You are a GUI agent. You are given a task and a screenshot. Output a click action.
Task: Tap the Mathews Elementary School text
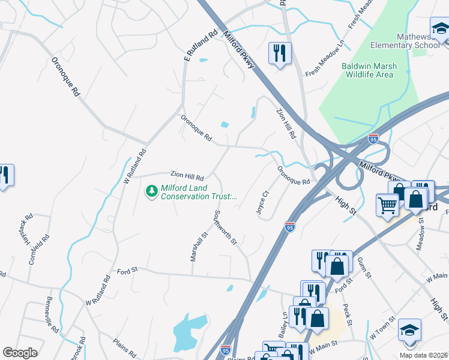[x=405, y=41]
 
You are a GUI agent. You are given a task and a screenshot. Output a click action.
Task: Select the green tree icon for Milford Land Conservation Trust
[x=152, y=191]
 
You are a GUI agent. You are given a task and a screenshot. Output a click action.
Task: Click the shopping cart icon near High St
[x=388, y=204]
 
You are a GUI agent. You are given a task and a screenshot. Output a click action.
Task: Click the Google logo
[x=20, y=353]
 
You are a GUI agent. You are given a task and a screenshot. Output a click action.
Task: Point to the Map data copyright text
[x=422, y=355]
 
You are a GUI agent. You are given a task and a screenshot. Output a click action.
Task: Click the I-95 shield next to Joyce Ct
[x=290, y=226]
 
